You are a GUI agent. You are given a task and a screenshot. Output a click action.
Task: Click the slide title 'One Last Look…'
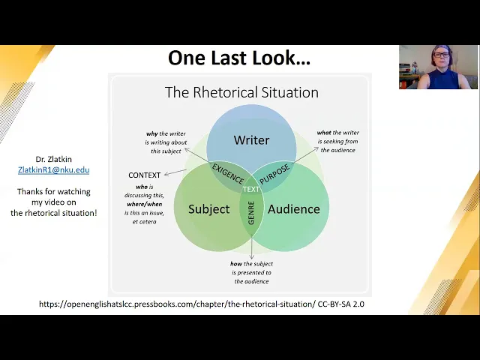[x=238, y=58]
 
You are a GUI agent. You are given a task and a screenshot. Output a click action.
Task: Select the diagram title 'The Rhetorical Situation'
[x=241, y=92]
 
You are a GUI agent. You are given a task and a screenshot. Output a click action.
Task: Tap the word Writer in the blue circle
[x=251, y=140]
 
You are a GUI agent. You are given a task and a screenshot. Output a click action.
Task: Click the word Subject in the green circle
[x=208, y=208]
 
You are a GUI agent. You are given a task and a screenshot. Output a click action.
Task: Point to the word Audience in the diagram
[x=293, y=208]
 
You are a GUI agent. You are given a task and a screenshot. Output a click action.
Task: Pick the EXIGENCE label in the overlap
[x=228, y=173]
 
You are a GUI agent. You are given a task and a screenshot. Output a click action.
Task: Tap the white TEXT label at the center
[x=251, y=189]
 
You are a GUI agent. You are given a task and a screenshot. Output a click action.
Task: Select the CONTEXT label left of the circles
[x=145, y=175]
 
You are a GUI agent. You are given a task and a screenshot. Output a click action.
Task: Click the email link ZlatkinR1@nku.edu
[x=53, y=170]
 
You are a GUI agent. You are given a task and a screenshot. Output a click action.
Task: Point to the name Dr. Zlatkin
[x=53, y=159]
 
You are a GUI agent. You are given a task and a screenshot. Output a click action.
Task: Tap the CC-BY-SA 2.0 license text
[x=340, y=304]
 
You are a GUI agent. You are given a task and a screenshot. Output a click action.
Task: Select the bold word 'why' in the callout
[x=152, y=133]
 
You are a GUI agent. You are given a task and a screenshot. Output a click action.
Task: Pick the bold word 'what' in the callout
[x=324, y=133]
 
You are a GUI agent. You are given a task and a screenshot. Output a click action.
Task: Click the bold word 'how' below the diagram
[x=237, y=264]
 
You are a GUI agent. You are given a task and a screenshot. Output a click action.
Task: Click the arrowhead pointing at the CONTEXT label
[x=166, y=174]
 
